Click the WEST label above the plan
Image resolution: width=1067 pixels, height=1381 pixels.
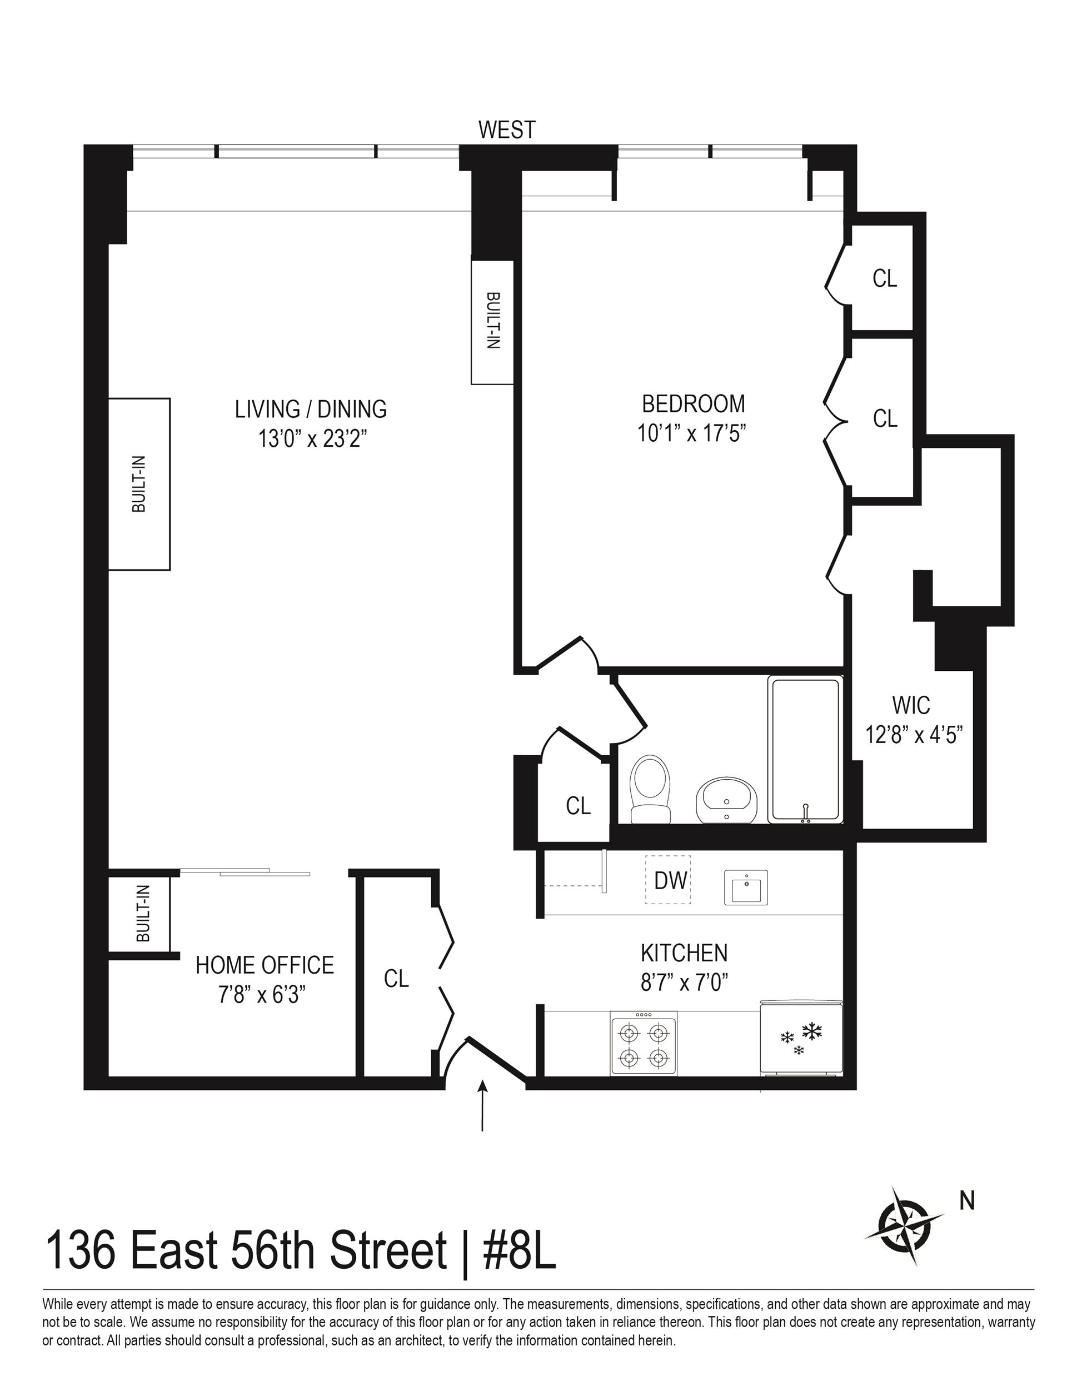pos(507,130)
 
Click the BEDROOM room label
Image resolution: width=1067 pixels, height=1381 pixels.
pos(693,403)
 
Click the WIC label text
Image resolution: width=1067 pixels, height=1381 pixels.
pos(911,705)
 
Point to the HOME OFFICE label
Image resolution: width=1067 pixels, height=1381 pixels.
pos(265,965)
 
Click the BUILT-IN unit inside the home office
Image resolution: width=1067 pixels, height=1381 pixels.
pos(143,913)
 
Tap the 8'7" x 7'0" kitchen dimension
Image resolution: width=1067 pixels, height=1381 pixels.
pos(684,983)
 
